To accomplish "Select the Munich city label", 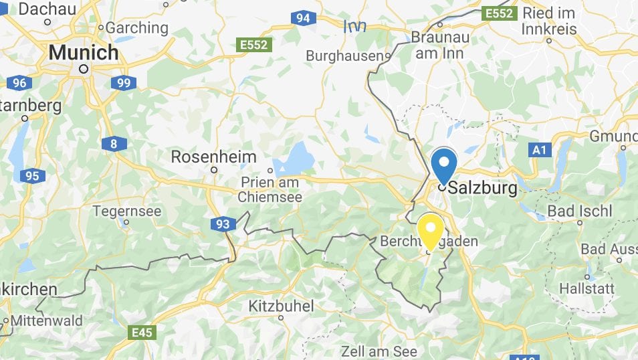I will (84, 52).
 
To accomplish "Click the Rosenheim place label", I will (214, 157).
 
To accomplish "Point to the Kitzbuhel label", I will (281, 306).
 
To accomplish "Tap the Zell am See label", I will (379, 351).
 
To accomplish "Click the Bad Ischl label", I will (580, 211).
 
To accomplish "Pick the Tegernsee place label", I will (127, 211).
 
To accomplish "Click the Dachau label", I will (47, 9).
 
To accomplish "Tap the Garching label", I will (137, 28).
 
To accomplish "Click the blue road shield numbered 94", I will (303, 18).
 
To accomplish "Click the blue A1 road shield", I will (539, 151).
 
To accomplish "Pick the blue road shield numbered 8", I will (114, 143).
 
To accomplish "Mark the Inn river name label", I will (354, 27).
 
